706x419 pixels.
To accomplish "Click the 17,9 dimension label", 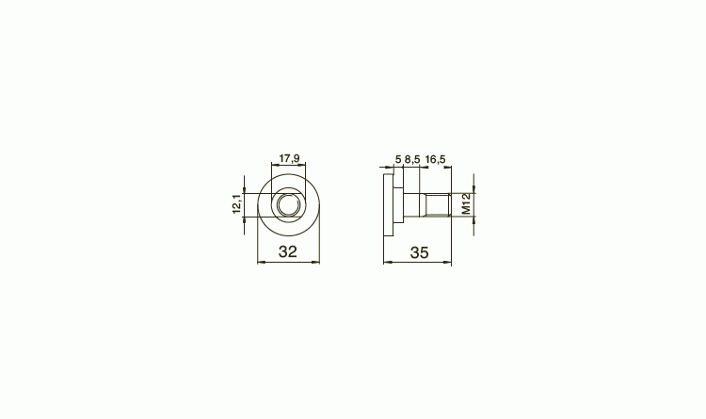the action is pyautogui.click(x=289, y=158).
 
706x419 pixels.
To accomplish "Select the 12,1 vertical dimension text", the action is pyautogui.click(x=237, y=204).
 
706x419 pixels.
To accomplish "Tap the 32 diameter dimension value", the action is pyautogui.click(x=288, y=251).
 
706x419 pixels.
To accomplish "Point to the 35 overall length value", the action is pyautogui.click(x=419, y=252).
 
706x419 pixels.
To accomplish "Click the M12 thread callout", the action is pyautogui.click(x=466, y=204).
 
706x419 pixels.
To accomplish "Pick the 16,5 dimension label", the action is pyautogui.click(x=436, y=159).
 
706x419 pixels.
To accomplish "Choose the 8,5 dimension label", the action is pyautogui.click(x=412, y=159).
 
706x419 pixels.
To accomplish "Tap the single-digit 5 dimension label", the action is pyautogui.click(x=398, y=159).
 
